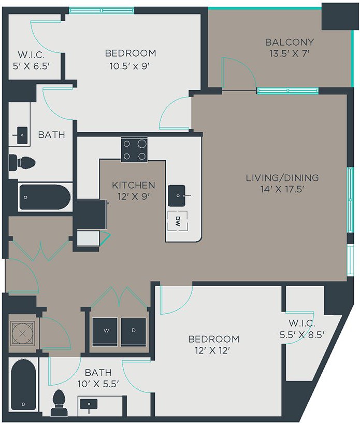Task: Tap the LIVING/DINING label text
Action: click(x=282, y=178)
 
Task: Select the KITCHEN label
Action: click(x=133, y=185)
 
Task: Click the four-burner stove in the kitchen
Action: click(x=134, y=150)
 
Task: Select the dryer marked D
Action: click(x=134, y=330)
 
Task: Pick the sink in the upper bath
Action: click(x=22, y=135)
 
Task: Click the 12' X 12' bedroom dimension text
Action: click(x=213, y=350)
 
